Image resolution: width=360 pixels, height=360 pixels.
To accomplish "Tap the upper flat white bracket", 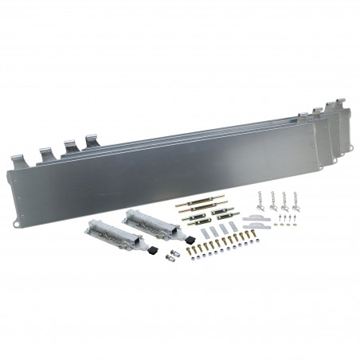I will (256, 217).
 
